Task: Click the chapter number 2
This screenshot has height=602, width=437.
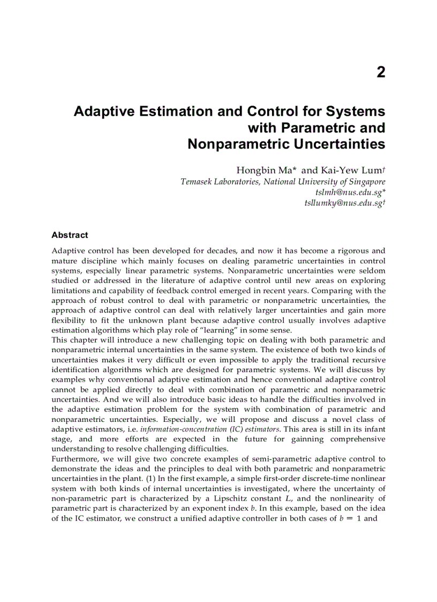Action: pos(380,72)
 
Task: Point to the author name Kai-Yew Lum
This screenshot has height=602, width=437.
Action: pos(352,170)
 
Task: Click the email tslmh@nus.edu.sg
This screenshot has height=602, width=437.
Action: pos(350,192)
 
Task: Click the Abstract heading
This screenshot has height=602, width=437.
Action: pos(70,235)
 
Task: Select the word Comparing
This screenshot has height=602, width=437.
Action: pos(335,291)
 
